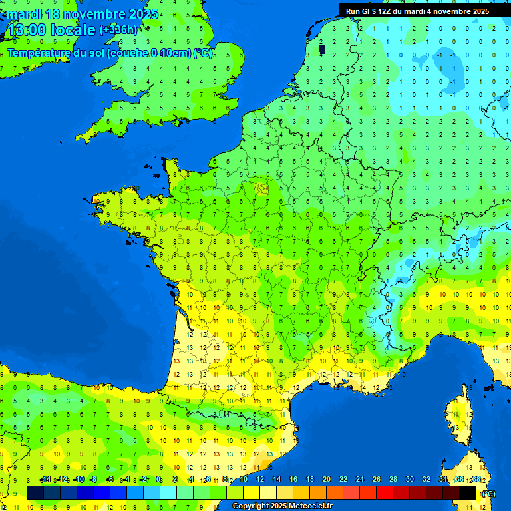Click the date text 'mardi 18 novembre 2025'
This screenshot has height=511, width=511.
83,14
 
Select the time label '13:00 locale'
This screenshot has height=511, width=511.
51,30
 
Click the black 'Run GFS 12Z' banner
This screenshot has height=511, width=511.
417,11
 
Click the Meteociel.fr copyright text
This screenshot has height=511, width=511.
282,506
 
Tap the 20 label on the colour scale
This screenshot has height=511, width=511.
326,480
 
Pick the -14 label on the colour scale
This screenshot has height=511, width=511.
45,480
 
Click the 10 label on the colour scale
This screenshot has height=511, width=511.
243,480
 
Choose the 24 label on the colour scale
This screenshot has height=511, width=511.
359,480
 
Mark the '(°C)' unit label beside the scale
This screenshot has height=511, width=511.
488,493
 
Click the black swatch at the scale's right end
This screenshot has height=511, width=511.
468,492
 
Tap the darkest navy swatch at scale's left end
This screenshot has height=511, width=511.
35,492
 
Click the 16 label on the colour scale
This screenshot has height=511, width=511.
293,480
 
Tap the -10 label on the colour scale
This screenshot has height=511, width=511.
79,480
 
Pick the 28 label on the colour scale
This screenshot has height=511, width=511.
393,480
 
